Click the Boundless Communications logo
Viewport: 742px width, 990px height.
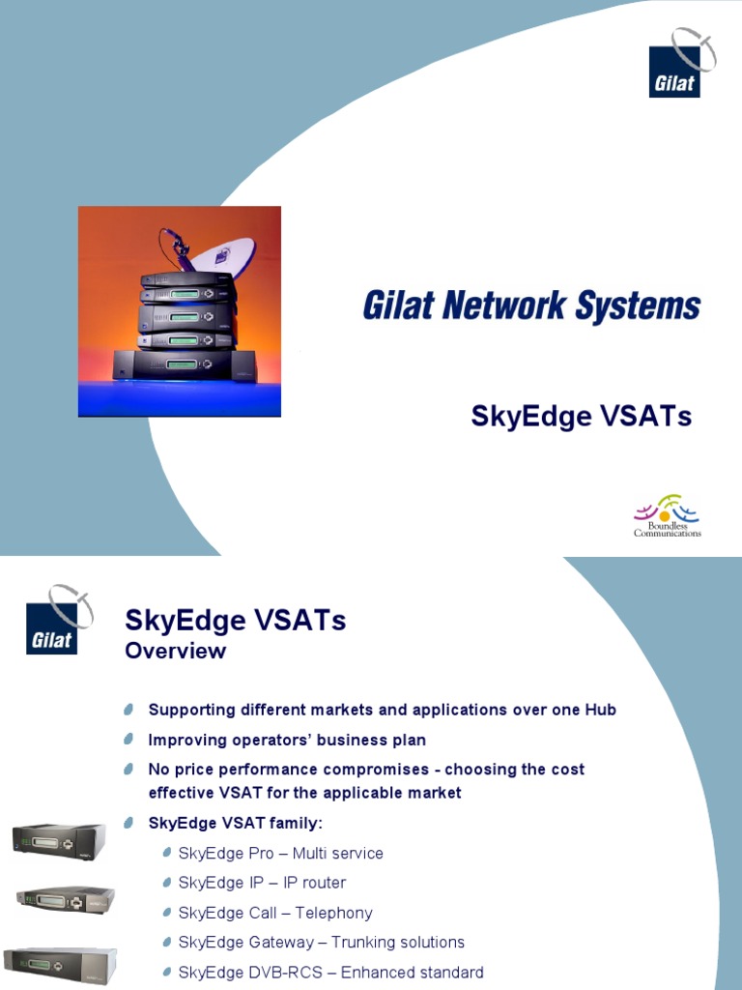tap(667, 516)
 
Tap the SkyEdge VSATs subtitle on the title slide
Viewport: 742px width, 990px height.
tap(581, 416)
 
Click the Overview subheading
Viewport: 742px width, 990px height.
tap(176, 651)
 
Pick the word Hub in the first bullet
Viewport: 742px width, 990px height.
tap(599, 710)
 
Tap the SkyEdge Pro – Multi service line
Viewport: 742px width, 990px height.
tap(280, 854)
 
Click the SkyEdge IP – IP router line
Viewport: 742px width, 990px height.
tap(262, 883)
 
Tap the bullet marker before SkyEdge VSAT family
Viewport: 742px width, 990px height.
tap(129, 823)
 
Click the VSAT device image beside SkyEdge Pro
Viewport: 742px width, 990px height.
tap(59, 839)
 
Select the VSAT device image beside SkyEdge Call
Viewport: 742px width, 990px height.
tap(65, 900)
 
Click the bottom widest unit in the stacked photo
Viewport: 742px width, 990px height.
tap(184, 365)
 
